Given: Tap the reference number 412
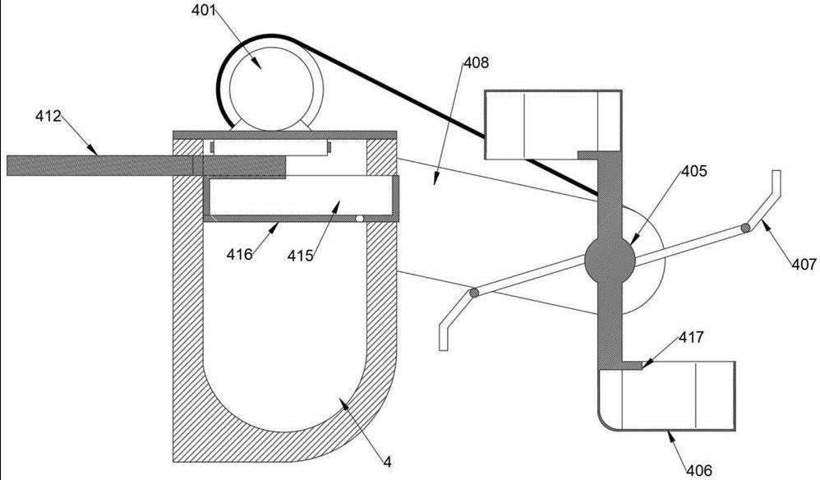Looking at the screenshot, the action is click(x=48, y=116).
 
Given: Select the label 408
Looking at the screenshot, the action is click(x=476, y=62).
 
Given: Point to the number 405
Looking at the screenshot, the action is click(x=693, y=170).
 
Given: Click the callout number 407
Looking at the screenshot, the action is click(x=804, y=264).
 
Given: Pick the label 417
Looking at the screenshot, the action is click(x=691, y=337).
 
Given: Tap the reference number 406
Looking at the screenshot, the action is click(x=699, y=471).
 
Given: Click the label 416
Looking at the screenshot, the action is click(x=240, y=255).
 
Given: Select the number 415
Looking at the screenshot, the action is click(x=300, y=256).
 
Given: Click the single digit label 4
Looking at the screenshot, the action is click(x=387, y=461).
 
